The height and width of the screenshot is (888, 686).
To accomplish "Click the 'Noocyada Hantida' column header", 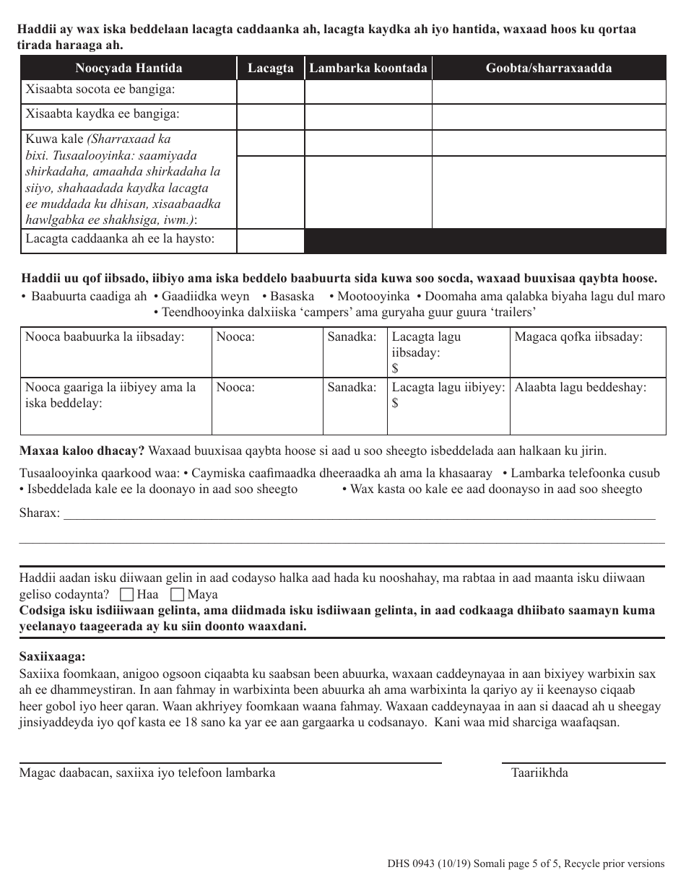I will tap(129, 69).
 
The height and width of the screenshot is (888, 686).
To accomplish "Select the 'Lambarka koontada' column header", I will tap(368, 69).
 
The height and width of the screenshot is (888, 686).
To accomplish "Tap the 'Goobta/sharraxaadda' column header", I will tap(549, 69).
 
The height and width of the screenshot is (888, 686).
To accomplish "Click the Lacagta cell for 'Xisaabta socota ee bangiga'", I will tap(271, 92).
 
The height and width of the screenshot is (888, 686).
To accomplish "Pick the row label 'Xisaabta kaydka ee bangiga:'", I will tap(103, 114).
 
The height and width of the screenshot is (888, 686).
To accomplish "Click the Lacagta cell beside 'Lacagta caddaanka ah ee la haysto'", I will tap(271, 240).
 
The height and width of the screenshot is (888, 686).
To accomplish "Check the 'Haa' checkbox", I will tap(127, 596).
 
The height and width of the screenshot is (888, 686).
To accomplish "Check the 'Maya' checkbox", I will tap(177, 596).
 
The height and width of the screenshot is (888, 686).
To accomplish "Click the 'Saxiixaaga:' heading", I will tap(52, 656).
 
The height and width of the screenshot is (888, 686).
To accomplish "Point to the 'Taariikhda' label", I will tap(539, 773).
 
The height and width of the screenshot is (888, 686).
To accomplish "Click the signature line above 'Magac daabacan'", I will tap(230, 762).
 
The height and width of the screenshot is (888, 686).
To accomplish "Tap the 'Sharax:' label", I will tap(40, 513).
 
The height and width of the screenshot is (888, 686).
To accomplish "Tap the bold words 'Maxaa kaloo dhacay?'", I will tap(82, 451).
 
